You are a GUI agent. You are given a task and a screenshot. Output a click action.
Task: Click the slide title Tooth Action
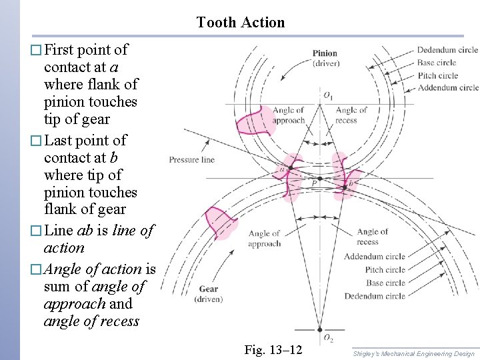[x=240, y=22]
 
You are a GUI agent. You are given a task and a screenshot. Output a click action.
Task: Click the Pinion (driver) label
[x=325, y=58]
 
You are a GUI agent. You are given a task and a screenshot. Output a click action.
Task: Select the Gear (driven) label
[x=208, y=294]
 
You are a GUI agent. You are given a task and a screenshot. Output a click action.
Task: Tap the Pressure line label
[x=192, y=160]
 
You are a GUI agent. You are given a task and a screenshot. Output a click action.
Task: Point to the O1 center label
[x=329, y=95]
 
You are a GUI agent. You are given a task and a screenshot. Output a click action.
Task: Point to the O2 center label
[x=329, y=339]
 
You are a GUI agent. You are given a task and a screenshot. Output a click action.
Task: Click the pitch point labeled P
[x=315, y=184]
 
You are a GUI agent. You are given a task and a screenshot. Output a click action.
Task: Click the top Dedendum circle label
[x=447, y=50]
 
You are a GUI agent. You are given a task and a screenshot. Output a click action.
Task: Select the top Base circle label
[x=437, y=63]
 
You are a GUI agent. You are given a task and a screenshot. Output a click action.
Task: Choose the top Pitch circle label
[x=437, y=75]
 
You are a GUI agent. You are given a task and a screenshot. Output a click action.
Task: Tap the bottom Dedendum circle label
[x=374, y=296]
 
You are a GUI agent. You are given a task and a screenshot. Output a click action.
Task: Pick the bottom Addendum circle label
[x=374, y=257]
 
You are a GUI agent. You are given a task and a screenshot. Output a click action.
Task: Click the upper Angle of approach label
[x=289, y=115]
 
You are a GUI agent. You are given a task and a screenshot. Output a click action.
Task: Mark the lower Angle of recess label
[x=372, y=237]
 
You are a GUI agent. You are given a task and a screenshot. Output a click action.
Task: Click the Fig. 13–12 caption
[x=273, y=350]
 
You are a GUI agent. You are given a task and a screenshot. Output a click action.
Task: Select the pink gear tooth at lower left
[x=221, y=223]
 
